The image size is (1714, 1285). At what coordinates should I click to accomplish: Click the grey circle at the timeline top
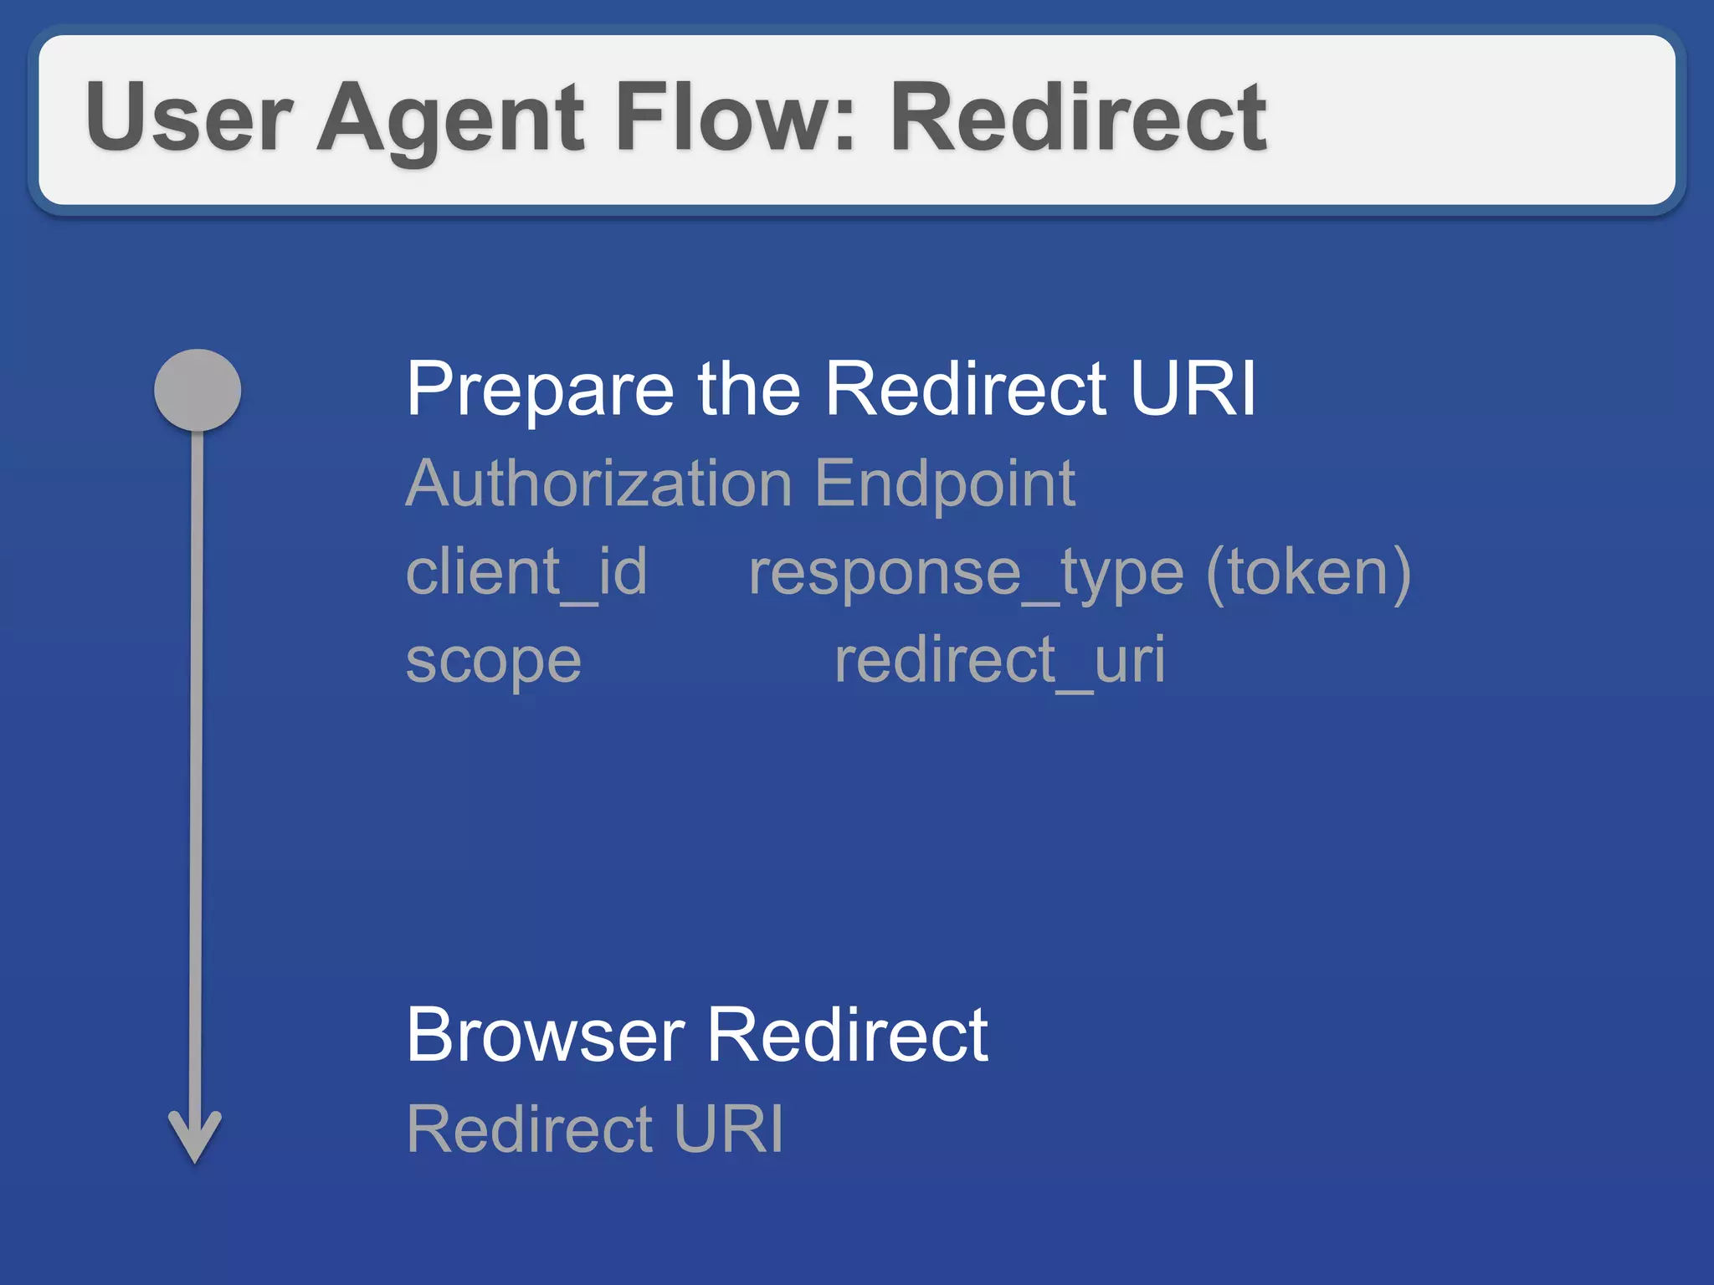(198, 390)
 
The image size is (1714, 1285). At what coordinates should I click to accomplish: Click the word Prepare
(540, 390)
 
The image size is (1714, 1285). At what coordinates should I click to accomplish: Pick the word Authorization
(598, 484)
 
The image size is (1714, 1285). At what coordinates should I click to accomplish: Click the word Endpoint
(944, 485)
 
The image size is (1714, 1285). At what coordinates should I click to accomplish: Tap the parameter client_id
(526, 573)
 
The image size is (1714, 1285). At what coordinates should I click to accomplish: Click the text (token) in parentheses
(1308, 573)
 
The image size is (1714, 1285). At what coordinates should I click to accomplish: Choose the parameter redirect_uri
(999, 661)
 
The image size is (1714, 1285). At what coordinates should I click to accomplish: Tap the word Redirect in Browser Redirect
(848, 1036)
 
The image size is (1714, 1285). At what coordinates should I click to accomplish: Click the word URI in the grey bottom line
(729, 1129)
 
